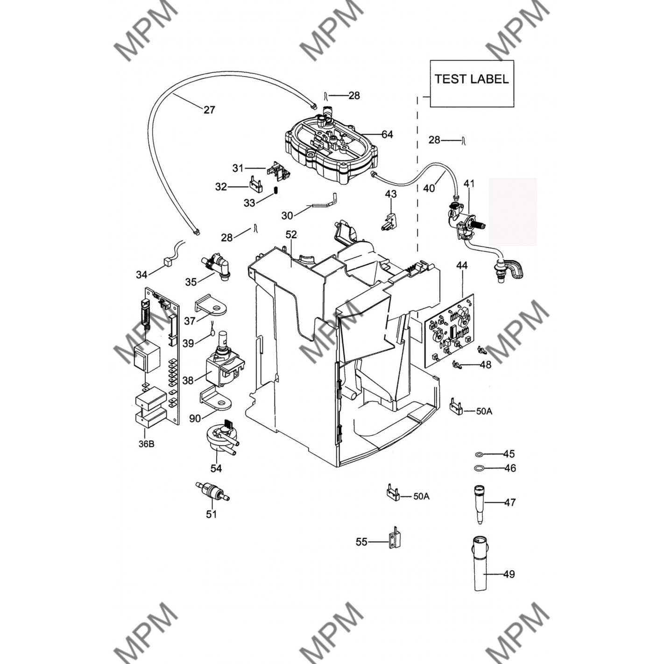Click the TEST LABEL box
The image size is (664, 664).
[472, 84]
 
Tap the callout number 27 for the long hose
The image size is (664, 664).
[209, 110]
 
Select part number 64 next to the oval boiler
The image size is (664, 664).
[387, 134]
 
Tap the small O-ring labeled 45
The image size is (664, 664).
[479, 455]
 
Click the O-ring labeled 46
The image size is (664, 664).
[479, 468]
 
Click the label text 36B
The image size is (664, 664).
[147, 444]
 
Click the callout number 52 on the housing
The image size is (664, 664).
[291, 235]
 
